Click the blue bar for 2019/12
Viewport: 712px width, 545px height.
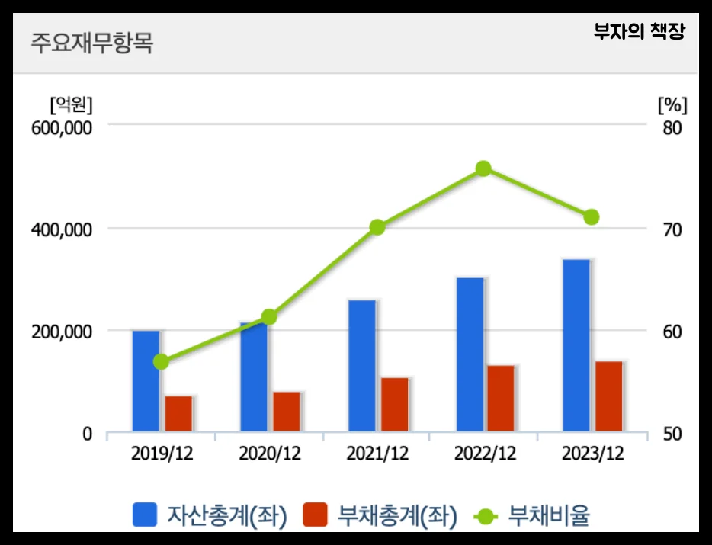146,381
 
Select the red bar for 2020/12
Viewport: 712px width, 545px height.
287,412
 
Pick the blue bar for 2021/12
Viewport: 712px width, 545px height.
362,366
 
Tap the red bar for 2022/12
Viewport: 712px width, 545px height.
502,399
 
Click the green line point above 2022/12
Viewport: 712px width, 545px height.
483,168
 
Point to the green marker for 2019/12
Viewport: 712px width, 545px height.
161,361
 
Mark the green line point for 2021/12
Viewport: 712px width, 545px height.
377,227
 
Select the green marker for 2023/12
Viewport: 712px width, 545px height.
592,217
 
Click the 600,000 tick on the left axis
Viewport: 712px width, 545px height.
60,127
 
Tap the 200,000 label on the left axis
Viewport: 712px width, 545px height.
60,332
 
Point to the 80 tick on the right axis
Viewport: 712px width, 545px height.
672,127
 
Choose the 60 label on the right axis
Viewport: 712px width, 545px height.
672,332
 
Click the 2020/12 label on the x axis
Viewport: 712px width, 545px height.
270,454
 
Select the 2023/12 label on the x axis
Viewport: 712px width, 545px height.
592,454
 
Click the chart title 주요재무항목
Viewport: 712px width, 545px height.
91,43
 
